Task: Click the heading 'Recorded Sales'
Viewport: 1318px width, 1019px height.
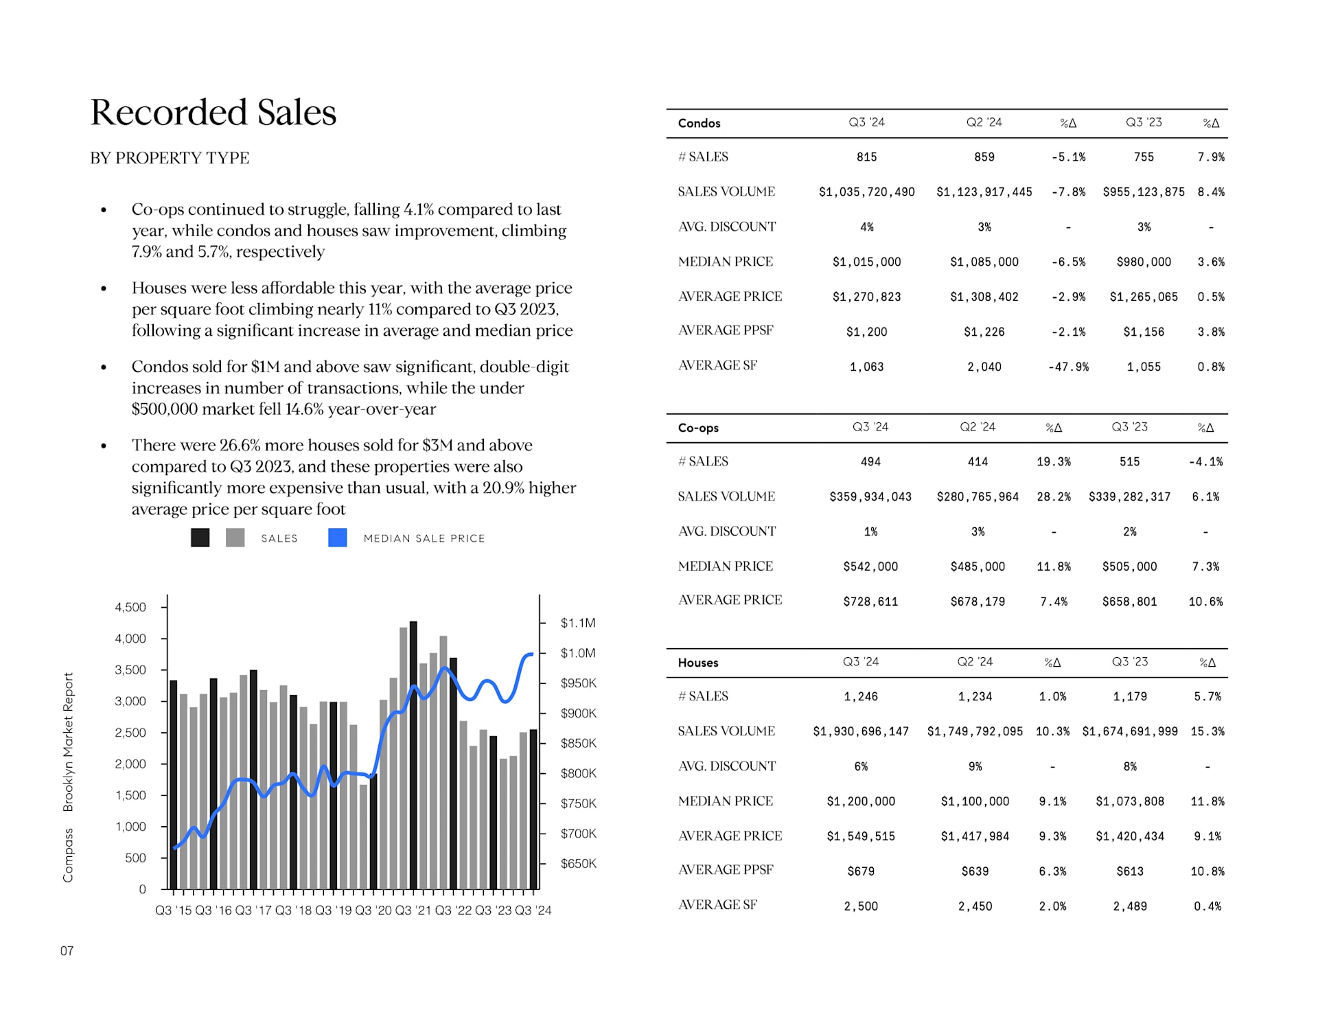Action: [213, 112]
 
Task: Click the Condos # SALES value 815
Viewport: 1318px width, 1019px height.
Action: [866, 157]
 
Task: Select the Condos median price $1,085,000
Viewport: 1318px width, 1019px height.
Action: [984, 262]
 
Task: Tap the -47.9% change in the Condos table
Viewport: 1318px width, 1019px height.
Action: [1067, 367]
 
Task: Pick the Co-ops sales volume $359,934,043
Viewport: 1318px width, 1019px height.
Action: [870, 496]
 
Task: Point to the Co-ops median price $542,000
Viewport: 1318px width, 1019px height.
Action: [870, 566]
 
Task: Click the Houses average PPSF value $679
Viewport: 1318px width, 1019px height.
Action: [860, 871]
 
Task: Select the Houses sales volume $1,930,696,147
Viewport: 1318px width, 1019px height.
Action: [860, 731]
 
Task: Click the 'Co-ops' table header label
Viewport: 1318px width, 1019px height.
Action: [698, 428]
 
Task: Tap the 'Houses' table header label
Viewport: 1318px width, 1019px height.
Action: [697, 663]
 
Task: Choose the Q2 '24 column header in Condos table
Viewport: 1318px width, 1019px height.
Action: [984, 122]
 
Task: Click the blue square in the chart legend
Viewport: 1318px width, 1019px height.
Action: [337, 538]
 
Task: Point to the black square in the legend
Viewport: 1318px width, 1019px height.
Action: [200, 538]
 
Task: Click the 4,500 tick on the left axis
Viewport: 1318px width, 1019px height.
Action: [130, 607]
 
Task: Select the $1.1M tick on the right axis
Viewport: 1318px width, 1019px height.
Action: [577, 623]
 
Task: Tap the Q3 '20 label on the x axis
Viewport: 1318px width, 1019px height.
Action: [373, 911]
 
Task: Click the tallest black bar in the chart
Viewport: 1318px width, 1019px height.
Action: [413, 755]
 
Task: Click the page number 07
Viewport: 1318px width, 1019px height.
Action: [67, 951]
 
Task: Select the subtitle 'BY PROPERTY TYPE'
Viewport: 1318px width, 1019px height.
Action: [170, 158]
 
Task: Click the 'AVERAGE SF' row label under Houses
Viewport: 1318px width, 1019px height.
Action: [717, 905]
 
